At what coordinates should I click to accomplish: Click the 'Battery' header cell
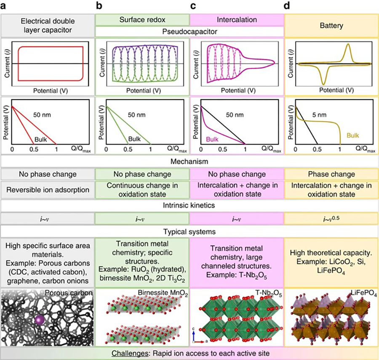(x=331, y=25)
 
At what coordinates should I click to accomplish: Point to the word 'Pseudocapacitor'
(x=189, y=31)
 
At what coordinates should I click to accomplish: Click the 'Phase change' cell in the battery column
(x=331, y=174)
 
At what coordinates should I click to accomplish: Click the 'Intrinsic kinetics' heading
(x=189, y=206)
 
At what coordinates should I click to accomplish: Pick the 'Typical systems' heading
(x=189, y=232)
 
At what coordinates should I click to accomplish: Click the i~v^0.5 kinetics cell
(x=331, y=219)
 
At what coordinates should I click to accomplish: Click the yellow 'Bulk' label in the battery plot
(x=354, y=135)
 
